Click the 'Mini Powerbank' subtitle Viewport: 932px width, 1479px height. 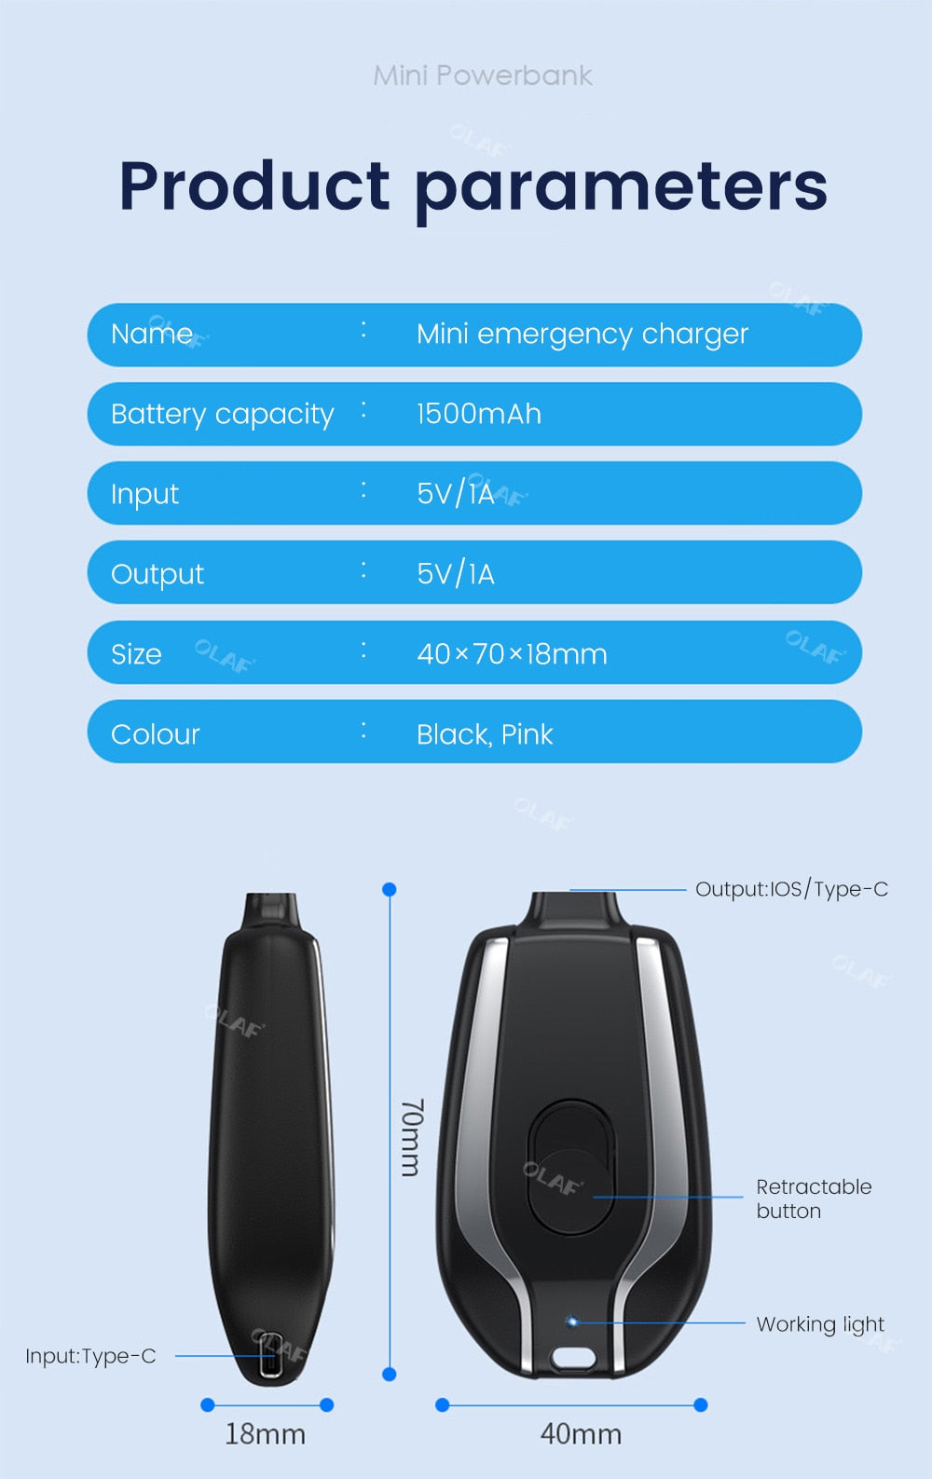[482, 75]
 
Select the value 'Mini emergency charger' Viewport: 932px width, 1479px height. [582, 334]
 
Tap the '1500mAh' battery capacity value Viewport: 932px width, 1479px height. [479, 414]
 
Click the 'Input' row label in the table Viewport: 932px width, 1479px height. [144, 495]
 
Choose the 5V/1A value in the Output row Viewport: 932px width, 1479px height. [455, 573]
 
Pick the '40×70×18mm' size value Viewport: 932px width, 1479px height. [512, 654]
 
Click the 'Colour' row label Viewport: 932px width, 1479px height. [156, 734]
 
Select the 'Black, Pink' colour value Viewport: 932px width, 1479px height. [485, 735]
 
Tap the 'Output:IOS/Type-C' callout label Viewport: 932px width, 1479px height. [791, 889]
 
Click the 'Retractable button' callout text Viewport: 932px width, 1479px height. [814, 1198]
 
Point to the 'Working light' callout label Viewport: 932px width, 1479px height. [820, 1324]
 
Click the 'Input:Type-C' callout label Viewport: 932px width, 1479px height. [90, 1356]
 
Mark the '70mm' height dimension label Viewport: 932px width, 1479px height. [412, 1138]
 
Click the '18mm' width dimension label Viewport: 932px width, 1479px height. [266, 1434]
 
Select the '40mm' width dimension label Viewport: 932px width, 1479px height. [582, 1434]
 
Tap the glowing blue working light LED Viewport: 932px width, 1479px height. [572, 1322]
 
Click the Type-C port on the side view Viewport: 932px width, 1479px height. [270, 1355]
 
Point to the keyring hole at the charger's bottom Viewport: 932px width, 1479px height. [572, 1358]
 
